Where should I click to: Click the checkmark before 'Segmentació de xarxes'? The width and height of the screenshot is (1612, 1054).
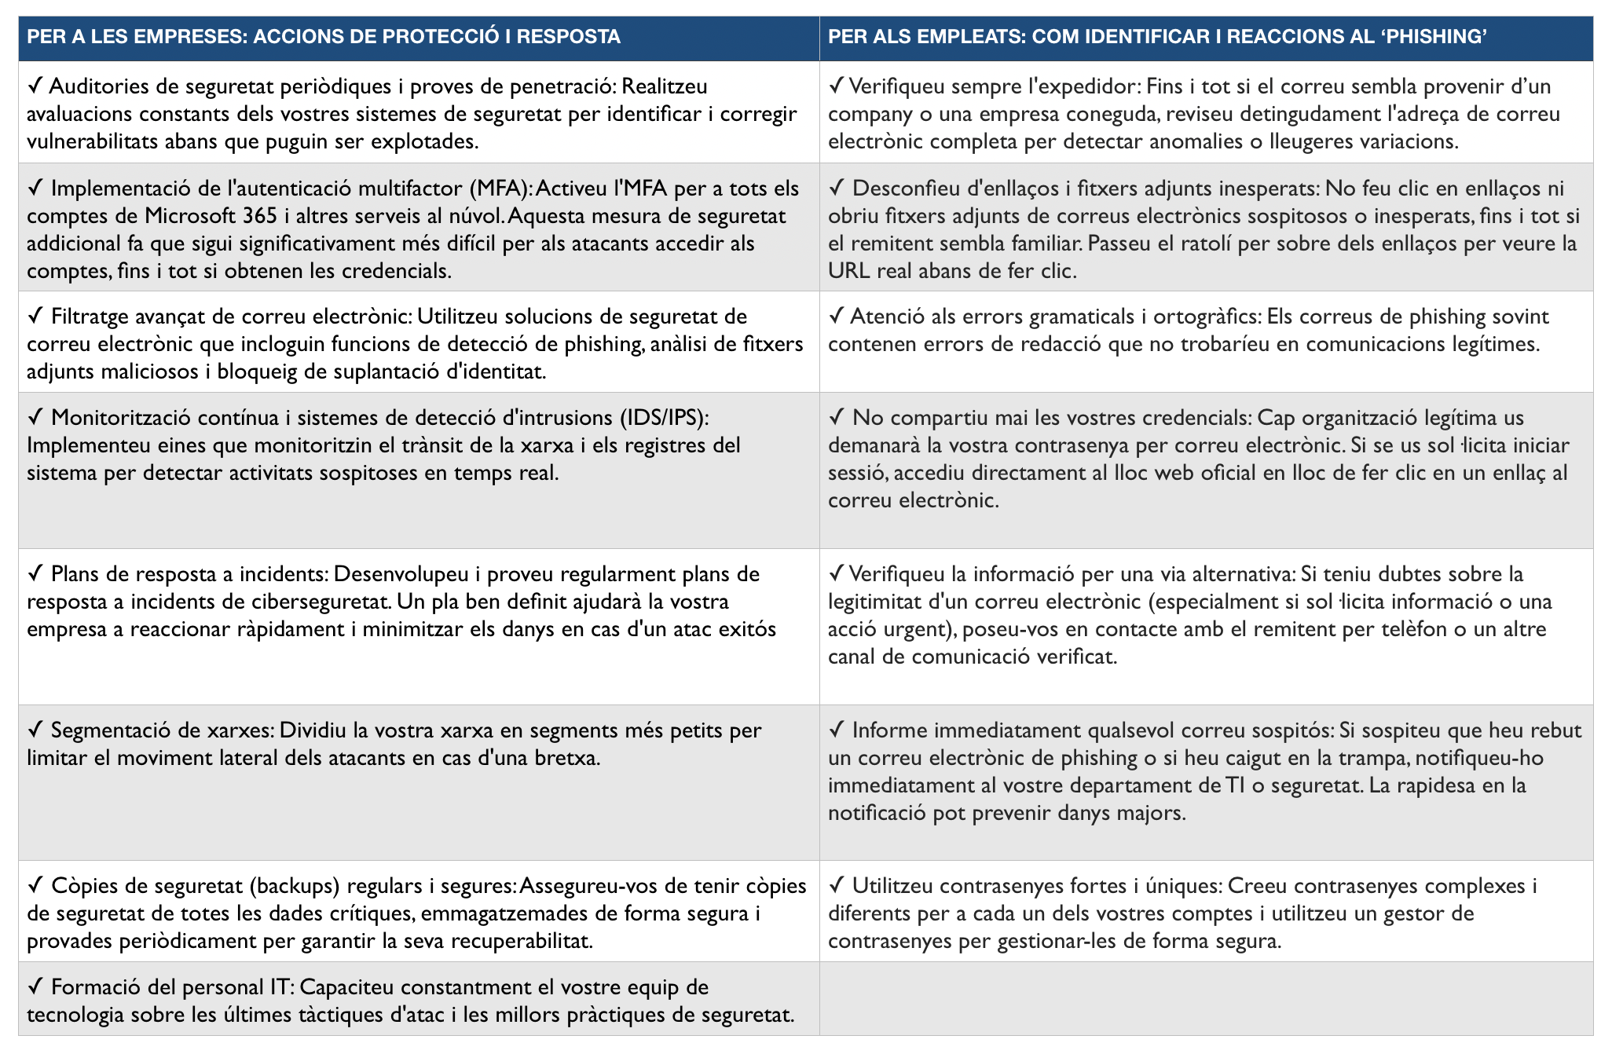coord(35,730)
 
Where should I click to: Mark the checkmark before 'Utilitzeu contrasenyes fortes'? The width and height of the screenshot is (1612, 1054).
coord(836,886)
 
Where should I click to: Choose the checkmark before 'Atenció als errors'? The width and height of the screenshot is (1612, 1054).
coord(836,317)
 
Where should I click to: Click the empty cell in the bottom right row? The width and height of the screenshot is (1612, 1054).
coord(1206,999)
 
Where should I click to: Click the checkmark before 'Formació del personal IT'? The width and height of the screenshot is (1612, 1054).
coord(35,987)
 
